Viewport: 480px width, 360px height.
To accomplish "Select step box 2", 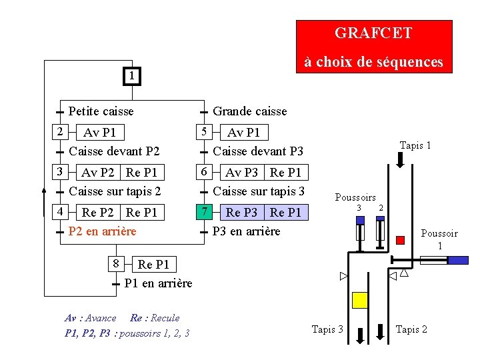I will [59, 131].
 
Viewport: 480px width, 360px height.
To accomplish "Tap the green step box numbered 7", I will [205, 212].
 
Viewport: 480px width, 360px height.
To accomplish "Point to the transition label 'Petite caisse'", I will [101, 111].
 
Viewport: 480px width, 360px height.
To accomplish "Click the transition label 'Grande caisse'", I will [249, 111].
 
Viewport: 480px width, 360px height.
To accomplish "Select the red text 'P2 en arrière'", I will [102, 231].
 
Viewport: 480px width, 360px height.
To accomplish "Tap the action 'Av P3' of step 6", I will [242, 173].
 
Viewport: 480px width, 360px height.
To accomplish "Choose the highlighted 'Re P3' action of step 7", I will [242, 213].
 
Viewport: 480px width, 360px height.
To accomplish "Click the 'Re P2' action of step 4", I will [97, 213].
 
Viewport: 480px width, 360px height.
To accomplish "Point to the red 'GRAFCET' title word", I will [373, 33].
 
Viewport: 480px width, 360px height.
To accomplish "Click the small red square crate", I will [400, 239].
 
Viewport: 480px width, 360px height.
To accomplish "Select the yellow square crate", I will [360, 300].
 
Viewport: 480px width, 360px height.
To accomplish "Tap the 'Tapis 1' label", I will [415, 145].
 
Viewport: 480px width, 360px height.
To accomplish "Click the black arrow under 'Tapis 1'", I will [401, 161].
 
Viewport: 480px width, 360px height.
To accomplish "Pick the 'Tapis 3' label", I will [328, 329].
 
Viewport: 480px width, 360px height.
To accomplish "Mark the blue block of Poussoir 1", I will [458, 260].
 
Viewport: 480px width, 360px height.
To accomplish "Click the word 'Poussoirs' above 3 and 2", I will [355, 197].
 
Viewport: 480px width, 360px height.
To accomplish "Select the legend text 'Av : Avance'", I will [90, 318].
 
